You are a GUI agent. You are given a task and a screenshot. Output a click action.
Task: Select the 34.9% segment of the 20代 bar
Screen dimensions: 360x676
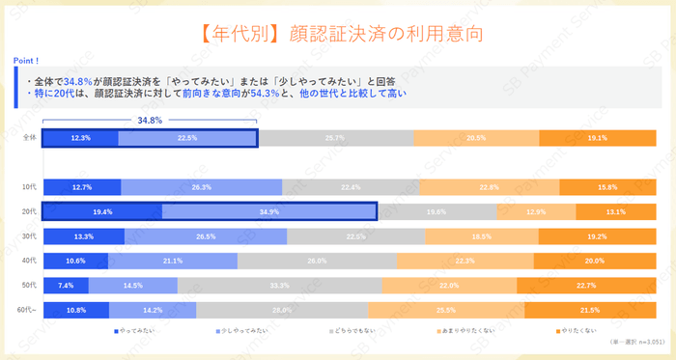pos(269,211)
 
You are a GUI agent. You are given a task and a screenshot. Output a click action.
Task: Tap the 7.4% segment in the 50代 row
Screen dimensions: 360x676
pos(66,285)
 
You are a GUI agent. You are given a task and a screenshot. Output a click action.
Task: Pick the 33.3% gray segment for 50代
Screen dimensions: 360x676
pos(280,285)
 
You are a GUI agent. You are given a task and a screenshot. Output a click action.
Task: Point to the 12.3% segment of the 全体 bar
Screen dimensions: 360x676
pos(81,138)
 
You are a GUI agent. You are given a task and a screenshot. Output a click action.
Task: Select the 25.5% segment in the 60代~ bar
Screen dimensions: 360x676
pos(445,309)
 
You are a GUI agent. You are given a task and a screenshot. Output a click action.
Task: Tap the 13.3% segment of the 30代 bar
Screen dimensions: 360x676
pos(84,236)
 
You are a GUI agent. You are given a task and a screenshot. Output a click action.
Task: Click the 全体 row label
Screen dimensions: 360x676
pos(29,138)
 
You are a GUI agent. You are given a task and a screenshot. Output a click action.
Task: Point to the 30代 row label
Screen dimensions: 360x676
pos(29,236)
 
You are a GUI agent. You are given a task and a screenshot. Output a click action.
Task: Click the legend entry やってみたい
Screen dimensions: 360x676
pos(131,331)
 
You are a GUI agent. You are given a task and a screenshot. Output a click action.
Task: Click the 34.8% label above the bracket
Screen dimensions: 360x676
pos(150,121)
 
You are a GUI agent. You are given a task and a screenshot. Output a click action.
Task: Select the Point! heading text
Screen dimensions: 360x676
pos(26,60)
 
